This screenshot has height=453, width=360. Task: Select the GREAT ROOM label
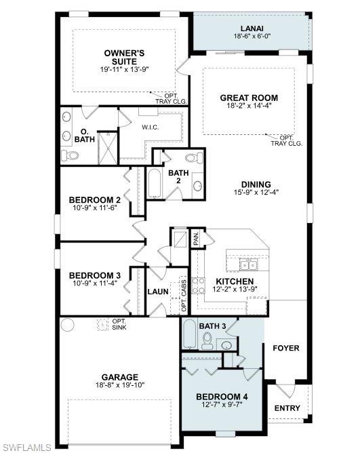click(x=249, y=98)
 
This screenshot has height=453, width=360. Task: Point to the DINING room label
click(x=256, y=184)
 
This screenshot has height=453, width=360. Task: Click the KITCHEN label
click(x=235, y=281)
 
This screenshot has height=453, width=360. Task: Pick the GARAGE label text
click(x=120, y=377)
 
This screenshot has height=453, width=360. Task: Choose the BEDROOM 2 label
click(x=94, y=200)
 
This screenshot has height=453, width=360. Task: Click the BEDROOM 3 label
click(x=94, y=275)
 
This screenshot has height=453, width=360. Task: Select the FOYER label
click(x=285, y=348)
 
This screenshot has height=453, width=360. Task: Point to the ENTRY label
click(x=287, y=408)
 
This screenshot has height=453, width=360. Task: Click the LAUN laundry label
click(x=158, y=292)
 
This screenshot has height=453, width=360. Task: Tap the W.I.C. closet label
click(x=151, y=127)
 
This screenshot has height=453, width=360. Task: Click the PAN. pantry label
click(x=196, y=239)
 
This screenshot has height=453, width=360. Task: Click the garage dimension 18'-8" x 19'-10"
click(x=120, y=385)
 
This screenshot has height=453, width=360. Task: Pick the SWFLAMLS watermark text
click(x=27, y=446)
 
